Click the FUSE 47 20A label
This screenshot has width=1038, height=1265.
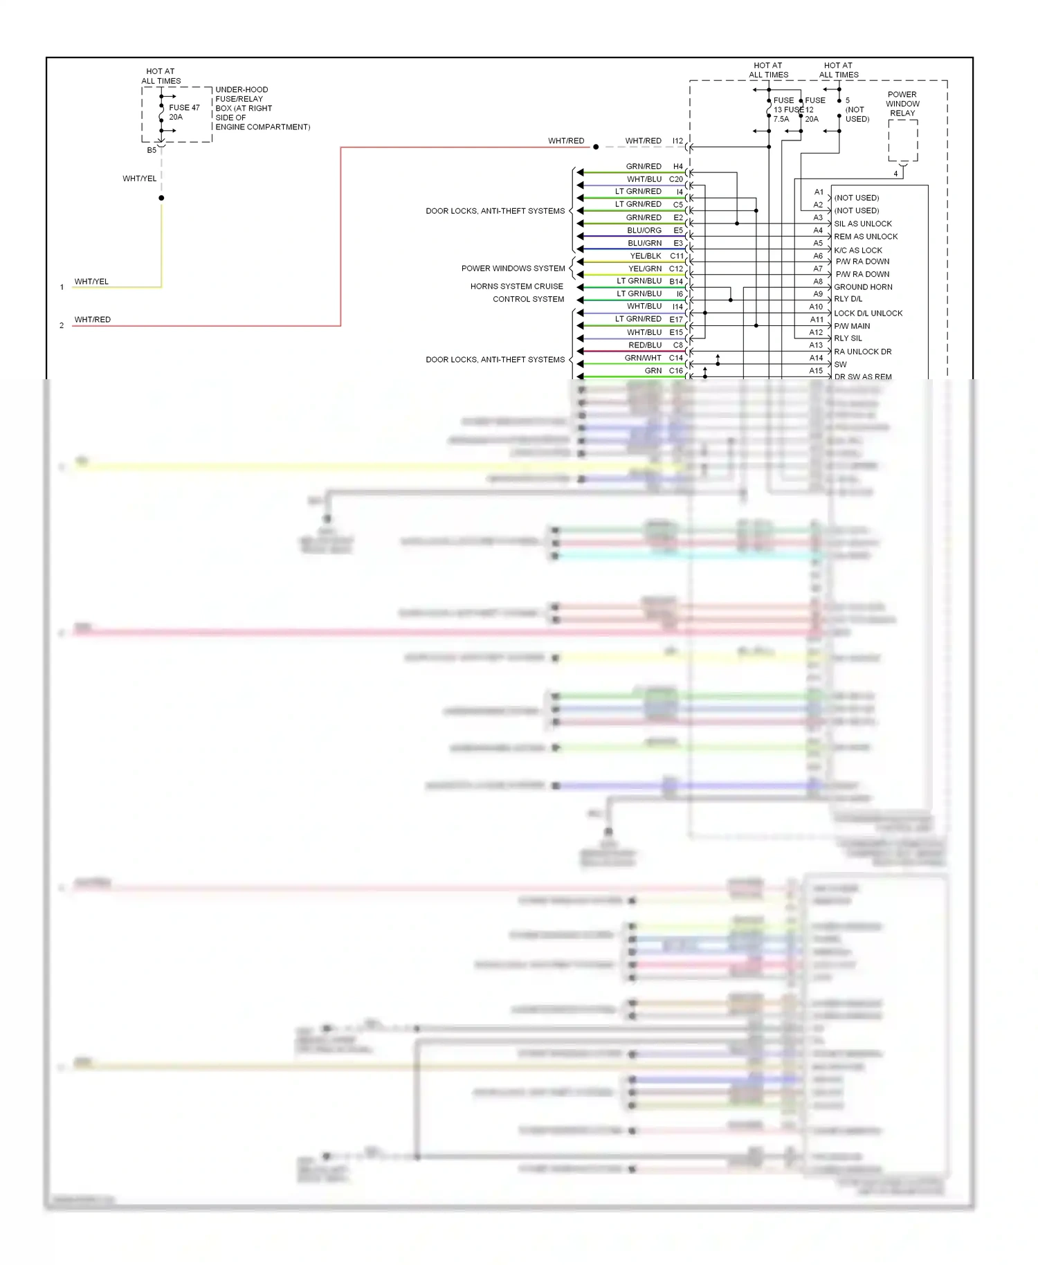tap(184, 112)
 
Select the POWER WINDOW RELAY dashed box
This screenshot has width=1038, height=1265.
tap(903, 140)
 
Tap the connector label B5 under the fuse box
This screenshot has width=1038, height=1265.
tap(152, 150)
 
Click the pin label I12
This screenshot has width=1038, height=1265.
tap(677, 141)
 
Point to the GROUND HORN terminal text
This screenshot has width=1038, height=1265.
tap(863, 287)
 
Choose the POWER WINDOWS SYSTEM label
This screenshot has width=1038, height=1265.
tap(513, 269)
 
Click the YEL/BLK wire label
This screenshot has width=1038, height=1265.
tap(645, 256)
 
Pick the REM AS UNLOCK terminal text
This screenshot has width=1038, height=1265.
tap(866, 237)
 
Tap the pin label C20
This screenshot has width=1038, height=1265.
tap(675, 179)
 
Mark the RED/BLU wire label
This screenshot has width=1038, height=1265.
tap(645, 345)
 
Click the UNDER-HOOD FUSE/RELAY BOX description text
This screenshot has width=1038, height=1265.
tap(262, 108)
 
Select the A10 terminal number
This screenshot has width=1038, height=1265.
tap(816, 307)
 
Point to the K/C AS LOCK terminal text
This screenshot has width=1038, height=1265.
tap(858, 251)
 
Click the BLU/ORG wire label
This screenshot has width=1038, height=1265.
tap(644, 230)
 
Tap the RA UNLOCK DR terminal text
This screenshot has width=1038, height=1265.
tap(862, 352)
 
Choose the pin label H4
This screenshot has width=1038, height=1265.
tap(678, 167)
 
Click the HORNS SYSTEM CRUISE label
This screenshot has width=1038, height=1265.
tap(516, 286)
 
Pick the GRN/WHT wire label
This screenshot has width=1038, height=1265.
tap(643, 358)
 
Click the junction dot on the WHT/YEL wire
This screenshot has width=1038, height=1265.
tap(161, 198)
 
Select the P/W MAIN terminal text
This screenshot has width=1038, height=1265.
tap(852, 326)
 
